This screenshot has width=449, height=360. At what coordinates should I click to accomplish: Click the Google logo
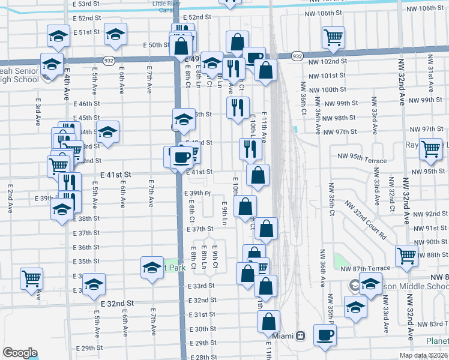point(20,353)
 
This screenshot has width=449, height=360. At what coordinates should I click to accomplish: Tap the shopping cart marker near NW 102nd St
point(333,38)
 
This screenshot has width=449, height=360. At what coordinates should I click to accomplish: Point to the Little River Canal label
point(166,7)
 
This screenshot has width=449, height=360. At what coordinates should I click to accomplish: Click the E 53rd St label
point(85,4)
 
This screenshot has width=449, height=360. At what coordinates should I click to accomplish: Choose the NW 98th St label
point(340,118)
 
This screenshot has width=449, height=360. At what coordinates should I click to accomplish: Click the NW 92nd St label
point(428,214)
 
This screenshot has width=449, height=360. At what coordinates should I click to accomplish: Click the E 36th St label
point(86,247)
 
